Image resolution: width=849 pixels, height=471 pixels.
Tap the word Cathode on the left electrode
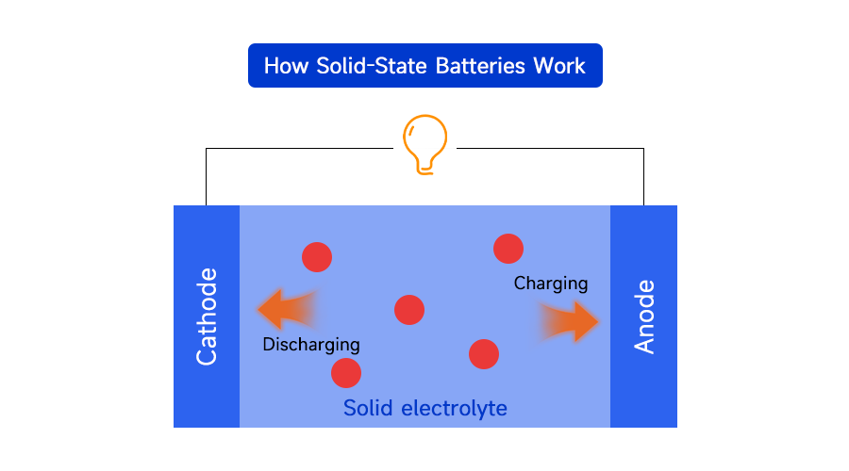click(207, 317)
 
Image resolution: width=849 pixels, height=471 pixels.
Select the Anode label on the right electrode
click(644, 317)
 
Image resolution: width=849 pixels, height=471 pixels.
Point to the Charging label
click(551, 283)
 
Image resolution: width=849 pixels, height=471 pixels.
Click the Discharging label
click(311, 344)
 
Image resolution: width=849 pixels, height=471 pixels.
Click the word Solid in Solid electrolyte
click(369, 408)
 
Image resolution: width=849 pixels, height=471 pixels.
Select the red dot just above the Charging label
click(508, 249)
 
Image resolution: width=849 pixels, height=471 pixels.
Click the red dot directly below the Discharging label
click(346, 373)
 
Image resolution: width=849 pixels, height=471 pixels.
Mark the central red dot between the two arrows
click(409, 310)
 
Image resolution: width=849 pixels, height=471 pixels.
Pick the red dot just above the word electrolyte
click(484, 354)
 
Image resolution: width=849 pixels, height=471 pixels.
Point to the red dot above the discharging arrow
click(317, 256)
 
